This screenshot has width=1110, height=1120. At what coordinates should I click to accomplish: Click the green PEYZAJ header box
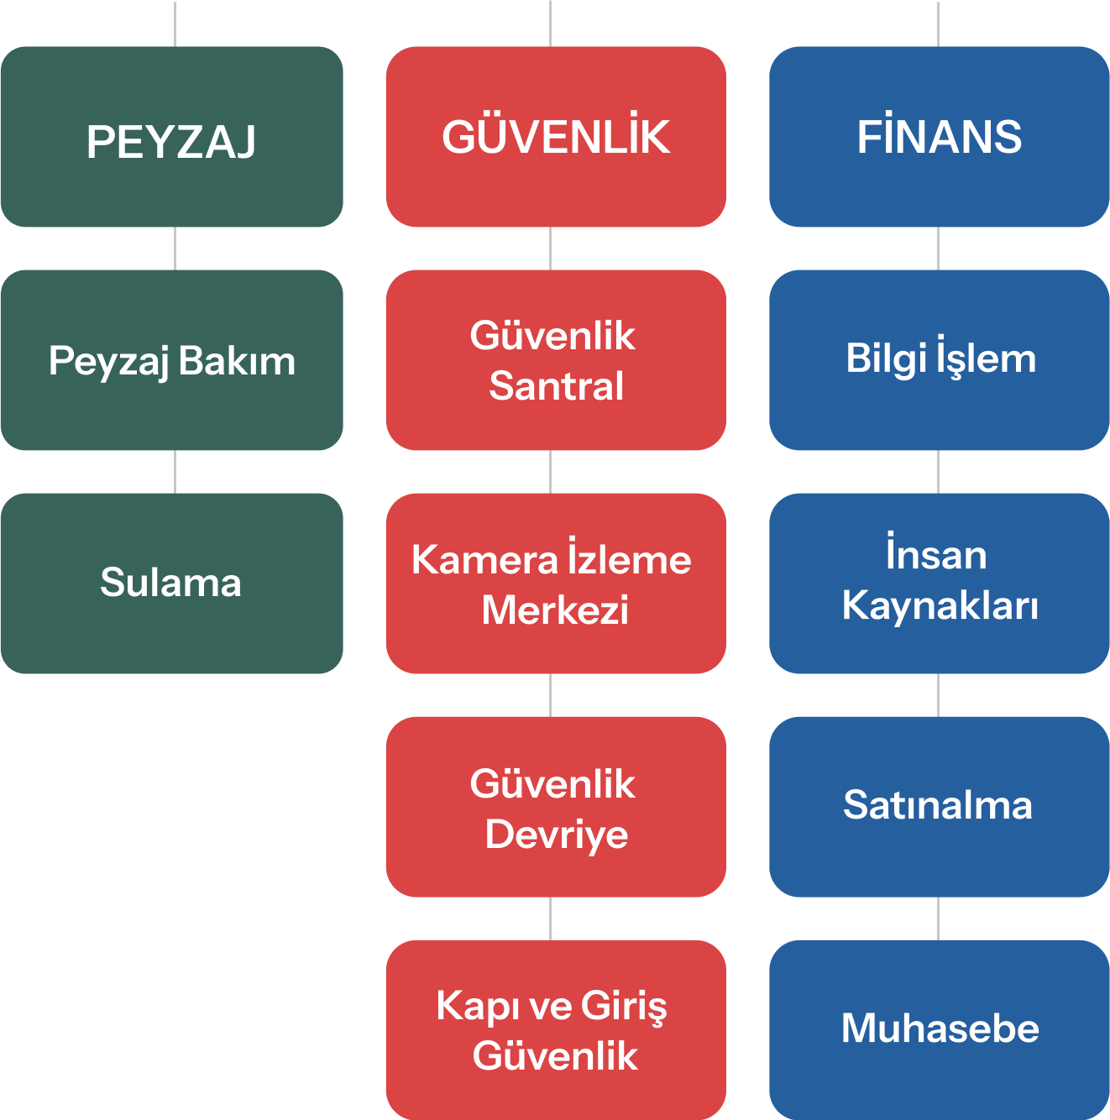[x=171, y=137]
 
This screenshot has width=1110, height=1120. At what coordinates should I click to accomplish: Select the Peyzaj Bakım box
[x=171, y=360]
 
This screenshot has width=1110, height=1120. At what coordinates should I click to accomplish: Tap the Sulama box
[x=171, y=584]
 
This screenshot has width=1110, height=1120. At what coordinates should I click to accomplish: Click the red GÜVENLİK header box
[x=556, y=137]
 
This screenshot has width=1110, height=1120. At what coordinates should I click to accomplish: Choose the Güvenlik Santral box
[x=556, y=360]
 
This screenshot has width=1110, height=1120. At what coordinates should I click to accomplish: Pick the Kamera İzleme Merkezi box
[x=556, y=584]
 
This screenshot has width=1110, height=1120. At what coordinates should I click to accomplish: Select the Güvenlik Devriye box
[x=556, y=807]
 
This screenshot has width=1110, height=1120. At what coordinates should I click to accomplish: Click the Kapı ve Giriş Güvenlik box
[x=556, y=1029]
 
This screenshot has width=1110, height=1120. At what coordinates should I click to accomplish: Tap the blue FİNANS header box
[x=940, y=137]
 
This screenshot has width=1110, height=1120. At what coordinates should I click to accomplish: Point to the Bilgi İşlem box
[x=940, y=360]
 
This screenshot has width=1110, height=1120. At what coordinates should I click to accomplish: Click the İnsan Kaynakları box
[x=940, y=584]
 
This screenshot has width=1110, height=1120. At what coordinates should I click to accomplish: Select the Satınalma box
[x=940, y=807]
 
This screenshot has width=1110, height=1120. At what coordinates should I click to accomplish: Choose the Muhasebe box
[x=940, y=1029]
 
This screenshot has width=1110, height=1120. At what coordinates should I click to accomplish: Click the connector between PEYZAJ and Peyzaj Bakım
[x=175, y=249]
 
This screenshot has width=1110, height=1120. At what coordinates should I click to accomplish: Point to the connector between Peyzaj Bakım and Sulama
[x=175, y=472]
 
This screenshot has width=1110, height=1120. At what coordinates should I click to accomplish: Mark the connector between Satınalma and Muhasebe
[x=938, y=919]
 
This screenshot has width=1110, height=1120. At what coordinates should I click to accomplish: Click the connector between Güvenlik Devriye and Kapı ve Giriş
[x=550, y=919]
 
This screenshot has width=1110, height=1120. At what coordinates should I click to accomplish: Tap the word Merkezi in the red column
[x=555, y=610]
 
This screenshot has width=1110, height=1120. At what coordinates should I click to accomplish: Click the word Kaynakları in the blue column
[x=940, y=606]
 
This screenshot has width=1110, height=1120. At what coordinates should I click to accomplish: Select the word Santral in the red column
[x=557, y=387]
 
